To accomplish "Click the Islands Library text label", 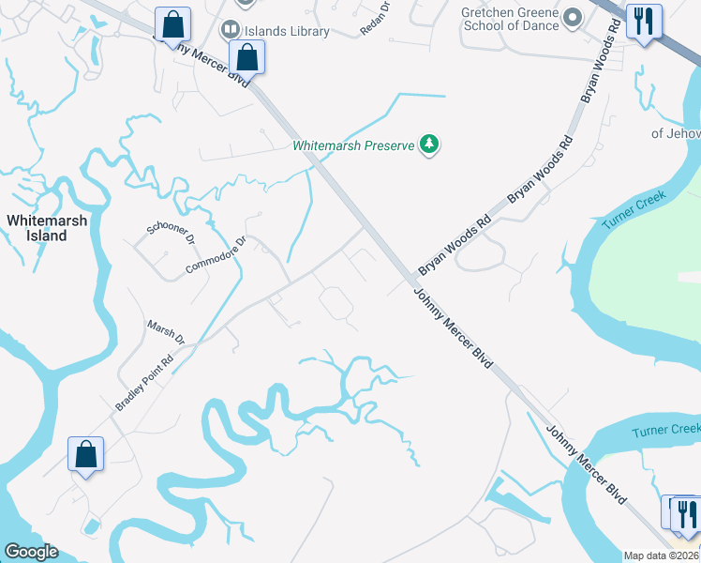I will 287,31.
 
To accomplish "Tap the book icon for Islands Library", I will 230,31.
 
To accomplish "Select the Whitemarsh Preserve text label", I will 353,146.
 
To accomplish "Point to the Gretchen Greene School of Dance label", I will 509,19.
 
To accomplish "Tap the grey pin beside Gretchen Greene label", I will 573,18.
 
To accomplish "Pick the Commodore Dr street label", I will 216,255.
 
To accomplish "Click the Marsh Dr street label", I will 166,330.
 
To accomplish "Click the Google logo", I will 30,552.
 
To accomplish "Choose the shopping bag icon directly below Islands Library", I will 246,57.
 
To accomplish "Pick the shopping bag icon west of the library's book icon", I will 172,24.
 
